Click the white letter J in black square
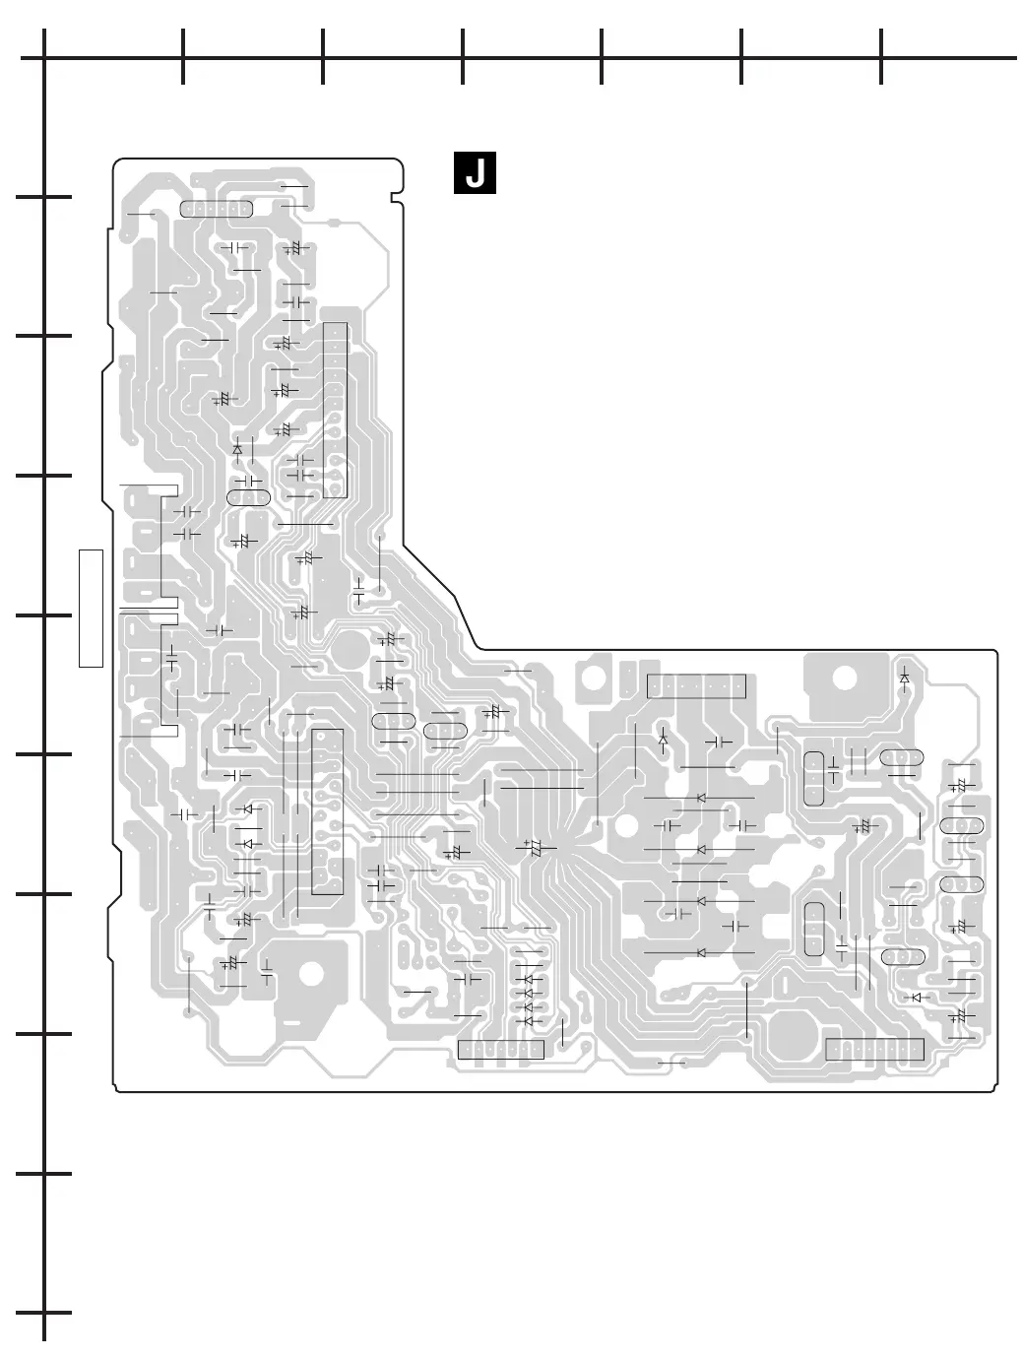pos(474,173)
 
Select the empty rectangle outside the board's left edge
pos(92,608)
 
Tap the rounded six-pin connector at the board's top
pos(217,209)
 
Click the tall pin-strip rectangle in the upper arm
pos(335,410)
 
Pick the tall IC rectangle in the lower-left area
pos(328,811)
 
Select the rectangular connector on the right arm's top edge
pos(696,686)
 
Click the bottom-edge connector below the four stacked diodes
pos(501,1050)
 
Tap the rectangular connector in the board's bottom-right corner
pos(874,1049)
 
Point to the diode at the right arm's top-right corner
pos(905,677)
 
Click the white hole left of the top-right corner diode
pos(844,678)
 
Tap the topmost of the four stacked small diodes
pos(529,980)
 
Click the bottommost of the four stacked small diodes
pos(529,1021)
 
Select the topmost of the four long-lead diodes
pos(701,798)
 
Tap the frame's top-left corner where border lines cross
pos(44,58)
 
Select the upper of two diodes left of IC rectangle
pos(248,809)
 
